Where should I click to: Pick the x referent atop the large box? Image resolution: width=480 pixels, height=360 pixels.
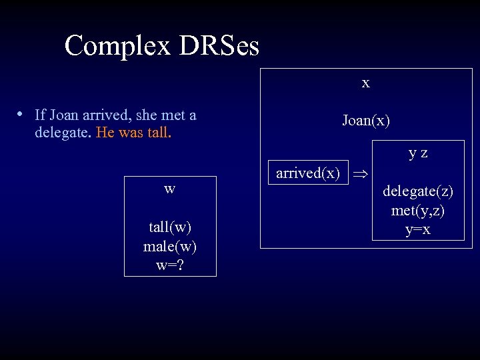click(x=365, y=83)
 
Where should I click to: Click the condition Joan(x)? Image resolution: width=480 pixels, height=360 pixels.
click(x=365, y=120)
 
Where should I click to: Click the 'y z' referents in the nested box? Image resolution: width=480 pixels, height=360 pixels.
click(x=418, y=153)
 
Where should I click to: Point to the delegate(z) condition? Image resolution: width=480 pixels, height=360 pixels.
click(x=418, y=191)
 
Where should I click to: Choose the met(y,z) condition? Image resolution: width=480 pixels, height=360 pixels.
click(x=418, y=211)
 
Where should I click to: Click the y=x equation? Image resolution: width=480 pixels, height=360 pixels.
click(x=418, y=229)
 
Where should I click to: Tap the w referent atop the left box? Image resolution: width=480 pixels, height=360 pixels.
click(x=170, y=189)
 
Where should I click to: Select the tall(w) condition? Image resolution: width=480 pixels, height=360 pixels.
click(x=170, y=227)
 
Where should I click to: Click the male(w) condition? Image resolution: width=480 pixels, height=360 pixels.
click(x=170, y=246)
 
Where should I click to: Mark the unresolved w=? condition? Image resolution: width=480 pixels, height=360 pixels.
click(x=170, y=265)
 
